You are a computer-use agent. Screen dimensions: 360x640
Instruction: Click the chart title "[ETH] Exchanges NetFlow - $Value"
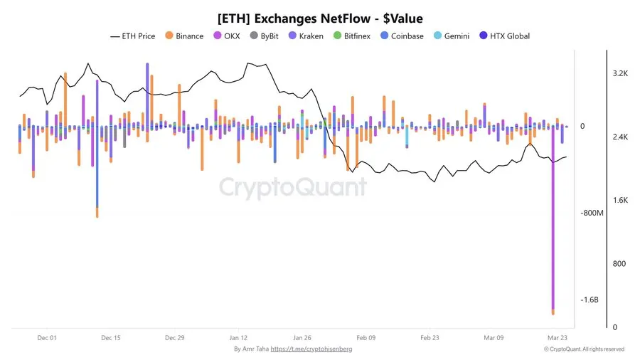319,16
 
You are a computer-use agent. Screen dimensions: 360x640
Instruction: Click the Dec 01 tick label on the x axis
47,338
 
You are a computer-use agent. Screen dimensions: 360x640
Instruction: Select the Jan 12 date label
238,338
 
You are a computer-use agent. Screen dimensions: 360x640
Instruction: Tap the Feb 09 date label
366,338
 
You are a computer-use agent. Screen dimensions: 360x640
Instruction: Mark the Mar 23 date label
556,338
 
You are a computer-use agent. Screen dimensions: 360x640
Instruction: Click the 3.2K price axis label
619,73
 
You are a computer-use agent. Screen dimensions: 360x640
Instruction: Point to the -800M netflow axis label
592,213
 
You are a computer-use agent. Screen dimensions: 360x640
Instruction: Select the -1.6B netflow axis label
590,300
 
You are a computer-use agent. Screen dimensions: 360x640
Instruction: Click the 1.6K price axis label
619,201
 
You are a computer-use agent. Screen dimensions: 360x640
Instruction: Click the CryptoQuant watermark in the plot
292,187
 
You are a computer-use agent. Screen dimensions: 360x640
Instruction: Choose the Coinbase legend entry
401,36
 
